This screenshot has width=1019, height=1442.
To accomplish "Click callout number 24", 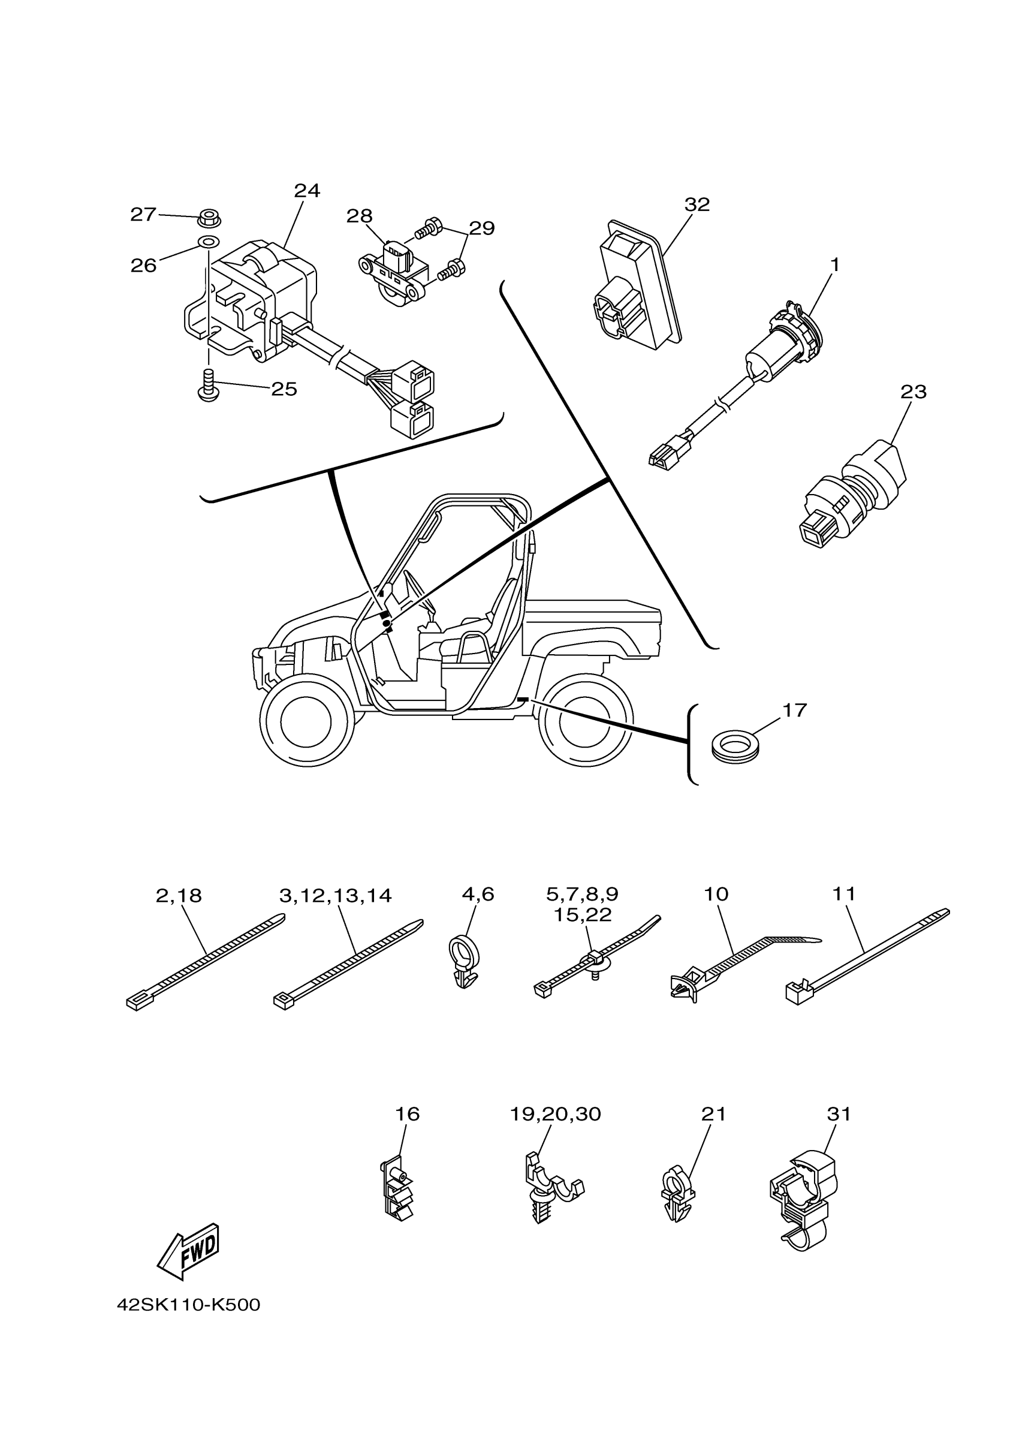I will tap(307, 191).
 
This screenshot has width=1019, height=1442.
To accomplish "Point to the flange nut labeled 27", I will tap(209, 219).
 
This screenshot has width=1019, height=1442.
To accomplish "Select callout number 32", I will tap(697, 204).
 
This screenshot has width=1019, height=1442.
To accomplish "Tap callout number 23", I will tap(913, 392).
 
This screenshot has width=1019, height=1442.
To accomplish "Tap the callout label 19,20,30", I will tap(555, 1114).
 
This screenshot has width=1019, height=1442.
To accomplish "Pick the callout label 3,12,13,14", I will tap(335, 896).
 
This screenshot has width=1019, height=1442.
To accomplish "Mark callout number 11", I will tap(844, 894).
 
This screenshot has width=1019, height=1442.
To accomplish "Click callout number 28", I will tap(360, 216).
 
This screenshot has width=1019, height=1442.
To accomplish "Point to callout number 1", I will tap(835, 265).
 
